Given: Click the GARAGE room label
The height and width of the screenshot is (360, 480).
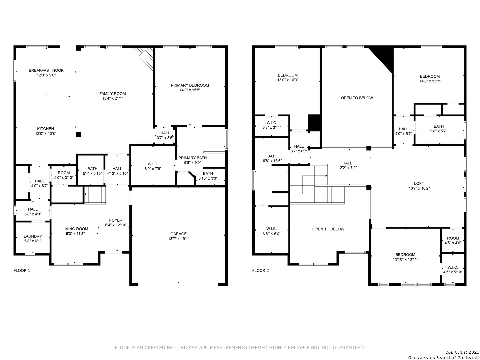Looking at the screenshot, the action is point(178,234).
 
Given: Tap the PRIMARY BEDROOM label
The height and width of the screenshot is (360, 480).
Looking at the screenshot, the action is point(190,85).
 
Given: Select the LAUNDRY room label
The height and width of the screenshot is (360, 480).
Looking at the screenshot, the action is point(33,236).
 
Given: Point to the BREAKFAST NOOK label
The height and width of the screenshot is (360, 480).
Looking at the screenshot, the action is point(46,70).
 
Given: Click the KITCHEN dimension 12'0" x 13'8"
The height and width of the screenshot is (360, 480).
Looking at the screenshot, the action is point(46,134).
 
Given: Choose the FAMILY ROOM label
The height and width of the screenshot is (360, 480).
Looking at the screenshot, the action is point(113,94).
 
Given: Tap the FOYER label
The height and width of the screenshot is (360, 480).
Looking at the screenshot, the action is point(116,220).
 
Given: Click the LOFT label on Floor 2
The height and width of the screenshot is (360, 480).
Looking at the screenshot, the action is point(419,183).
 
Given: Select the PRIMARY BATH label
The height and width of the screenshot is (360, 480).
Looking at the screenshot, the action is point(192,158).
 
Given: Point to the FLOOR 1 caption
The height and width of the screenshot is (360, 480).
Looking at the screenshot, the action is point(22,270).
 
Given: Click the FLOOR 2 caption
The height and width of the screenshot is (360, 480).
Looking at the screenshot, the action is point(260,270).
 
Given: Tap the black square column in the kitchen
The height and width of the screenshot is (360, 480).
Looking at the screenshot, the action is point(79,135).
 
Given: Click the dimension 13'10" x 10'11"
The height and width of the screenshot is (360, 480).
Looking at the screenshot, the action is point(405,259).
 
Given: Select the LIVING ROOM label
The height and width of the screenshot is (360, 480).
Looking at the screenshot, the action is point(75,229).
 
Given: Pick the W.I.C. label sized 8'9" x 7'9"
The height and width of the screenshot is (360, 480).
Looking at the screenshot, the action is point(153,164).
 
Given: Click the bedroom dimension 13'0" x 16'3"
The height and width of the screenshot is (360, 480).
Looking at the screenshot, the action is point(288,80).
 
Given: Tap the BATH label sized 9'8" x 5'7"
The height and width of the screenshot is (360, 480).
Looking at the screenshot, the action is point(439,126).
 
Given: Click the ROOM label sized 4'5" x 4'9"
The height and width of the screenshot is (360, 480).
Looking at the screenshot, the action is point(453,238).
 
